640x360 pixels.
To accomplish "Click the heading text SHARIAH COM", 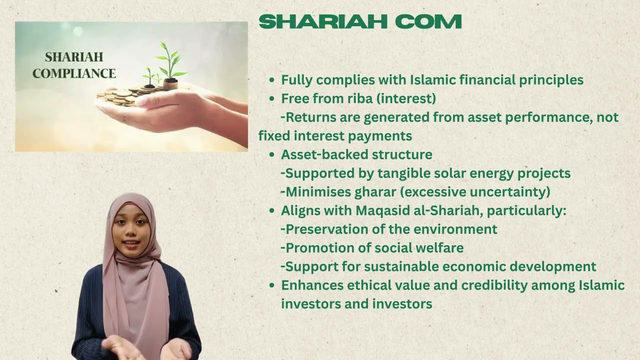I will [360, 22].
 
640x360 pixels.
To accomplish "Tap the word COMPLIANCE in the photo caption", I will [74, 73].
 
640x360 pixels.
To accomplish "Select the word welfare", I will [439, 247].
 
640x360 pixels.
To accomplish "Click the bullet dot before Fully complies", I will [272, 80].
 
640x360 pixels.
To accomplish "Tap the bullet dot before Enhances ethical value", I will [272, 285].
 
